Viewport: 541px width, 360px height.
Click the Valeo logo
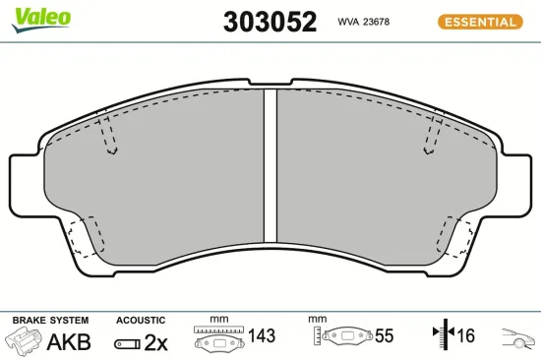pyautogui.click(x=41, y=20)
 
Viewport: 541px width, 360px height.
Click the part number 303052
pyautogui.click(x=270, y=22)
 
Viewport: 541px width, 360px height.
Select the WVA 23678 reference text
pyautogui.click(x=364, y=22)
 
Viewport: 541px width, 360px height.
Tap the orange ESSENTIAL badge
pyautogui.click(x=480, y=22)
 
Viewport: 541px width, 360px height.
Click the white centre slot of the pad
pyautogui.click(x=270, y=165)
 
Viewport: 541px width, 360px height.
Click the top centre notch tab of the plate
pyautogui.click(x=270, y=83)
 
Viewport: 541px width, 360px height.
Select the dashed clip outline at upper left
pyautogui.click(x=108, y=135)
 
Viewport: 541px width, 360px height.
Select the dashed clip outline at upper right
pyautogui.click(x=433, y=135)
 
